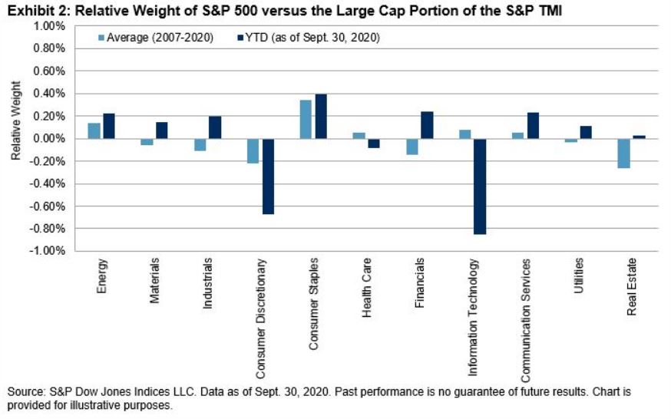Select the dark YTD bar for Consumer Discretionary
tap(268, 177)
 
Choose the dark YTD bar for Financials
tap(427, 125)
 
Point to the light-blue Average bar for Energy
tap(94, 130)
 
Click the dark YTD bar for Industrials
tap(214, 127)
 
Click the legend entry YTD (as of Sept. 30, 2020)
tap(307, 37)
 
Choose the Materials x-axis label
tap(156, 283)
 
